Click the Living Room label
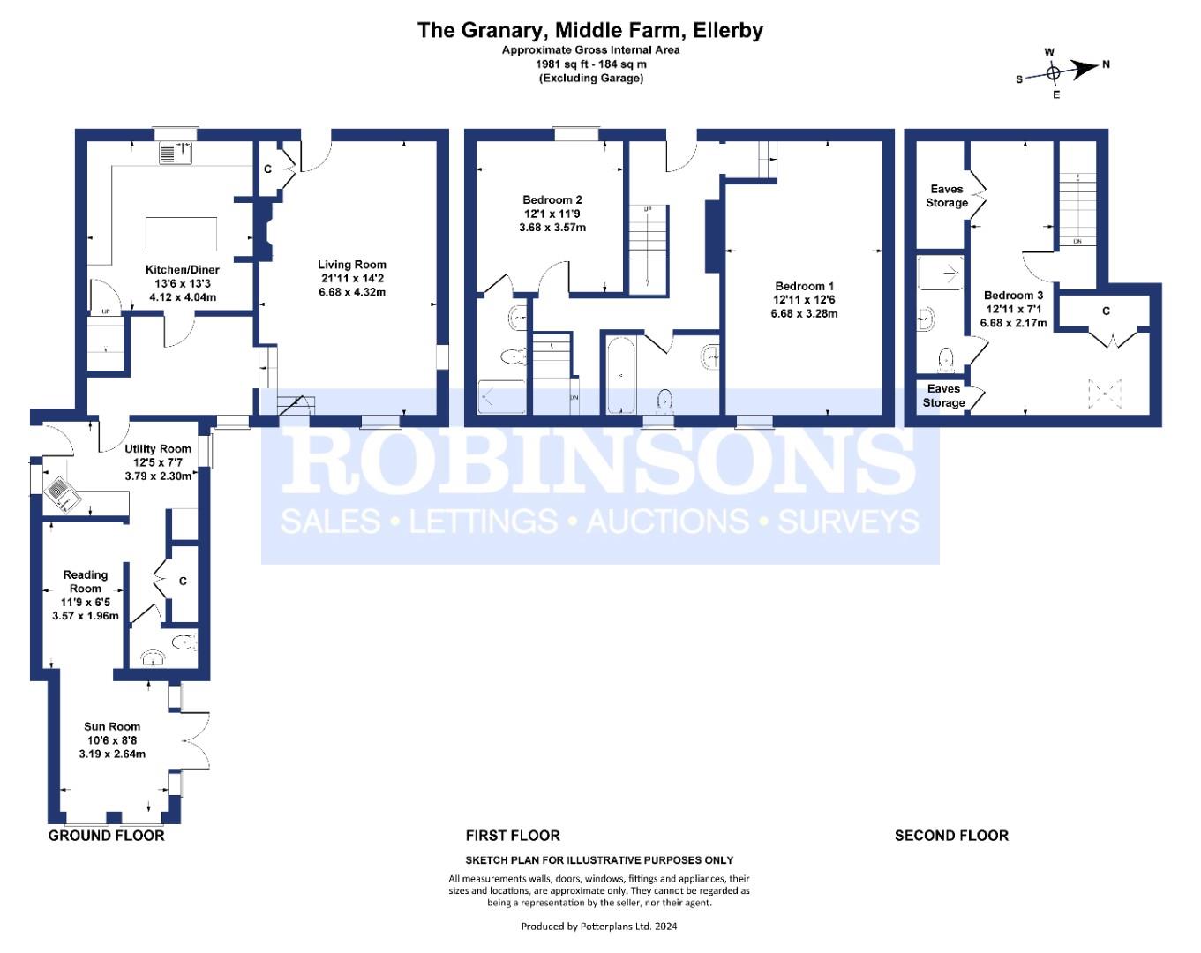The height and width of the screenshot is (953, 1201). pyautogui.click(x=351, y=265)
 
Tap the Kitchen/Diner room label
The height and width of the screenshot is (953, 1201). pyautogui.click(x=183, y=270)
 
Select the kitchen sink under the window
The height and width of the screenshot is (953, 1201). pyautogui.click(x=176, y=153)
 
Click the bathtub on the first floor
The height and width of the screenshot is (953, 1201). pyautogui.click(x=620, y=375)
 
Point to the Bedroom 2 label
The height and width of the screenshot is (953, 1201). pyautogui.click(x=552, y=200)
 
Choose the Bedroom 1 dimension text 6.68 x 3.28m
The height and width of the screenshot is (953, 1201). pyautogui.click(x=804, y=314)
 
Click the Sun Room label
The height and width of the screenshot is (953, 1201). pyautogui.click(x=112, y=727)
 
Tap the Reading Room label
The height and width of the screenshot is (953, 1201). pyautogui.click(x=86, y=582)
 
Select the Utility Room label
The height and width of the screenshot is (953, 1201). pyautogui.click(x=158, y=449)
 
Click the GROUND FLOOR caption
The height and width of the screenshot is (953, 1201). pyautogui.click(x=107, y=836)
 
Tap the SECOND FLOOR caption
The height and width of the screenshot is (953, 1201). pyautogui.click(x=951, y=836)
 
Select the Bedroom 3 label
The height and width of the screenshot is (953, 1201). pyautogui.click(x=1014, y=296)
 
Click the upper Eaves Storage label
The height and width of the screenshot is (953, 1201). pyautogui.click(x=947, y=196)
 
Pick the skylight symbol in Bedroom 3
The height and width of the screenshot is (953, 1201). pyautogui.click(x=1105, y=394)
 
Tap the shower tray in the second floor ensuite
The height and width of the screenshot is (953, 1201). pyautogui.click(x=941, y=273)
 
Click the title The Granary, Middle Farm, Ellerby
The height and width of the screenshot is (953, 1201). pyautogui.click(x=590, y=30)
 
